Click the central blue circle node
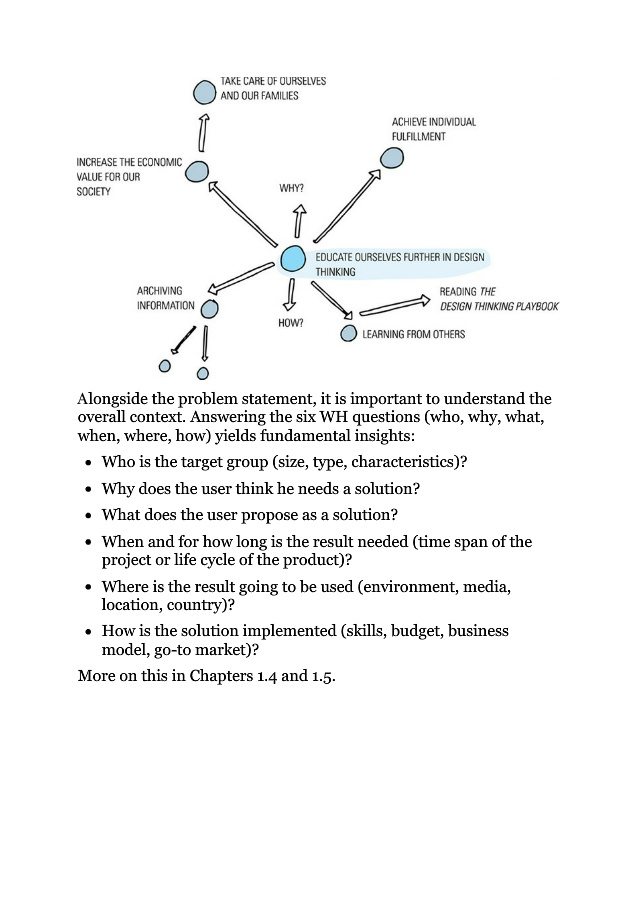click(x=292, y=259)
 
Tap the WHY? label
click(x=291, y=188)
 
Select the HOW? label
click(x=290, y=323)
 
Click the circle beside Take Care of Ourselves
click(x=204, y=93)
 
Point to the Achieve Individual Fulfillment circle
click(x=391, y=158)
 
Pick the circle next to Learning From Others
click(x=348, y=334)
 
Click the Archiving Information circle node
click(x=208, y=308)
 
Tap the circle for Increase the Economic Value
click(x=197, y=171)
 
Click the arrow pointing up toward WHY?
click(x=297, y=221)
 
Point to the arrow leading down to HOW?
click(x=290, y=294)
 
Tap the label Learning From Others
click(x=413, y=334)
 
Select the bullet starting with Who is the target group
click(x=284, y=462)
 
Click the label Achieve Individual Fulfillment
click(x=433, y=129)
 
